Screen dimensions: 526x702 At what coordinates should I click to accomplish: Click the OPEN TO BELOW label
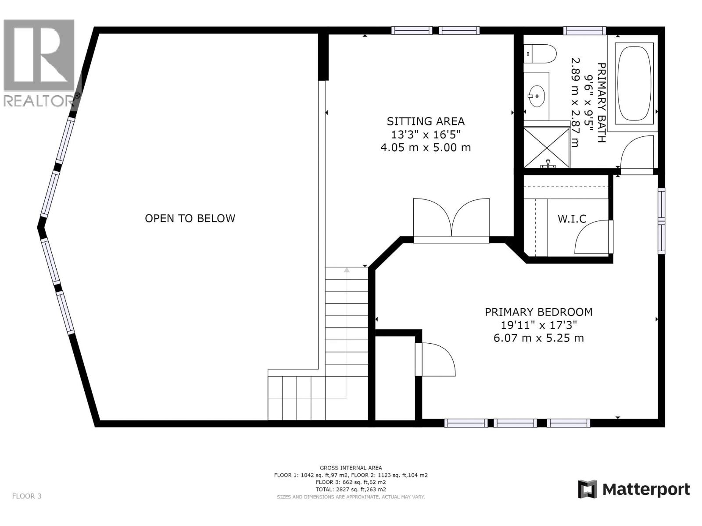190,218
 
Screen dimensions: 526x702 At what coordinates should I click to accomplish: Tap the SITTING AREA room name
426,121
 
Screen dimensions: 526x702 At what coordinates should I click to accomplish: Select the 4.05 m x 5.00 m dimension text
426,148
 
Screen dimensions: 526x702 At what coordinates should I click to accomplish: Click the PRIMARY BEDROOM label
538,312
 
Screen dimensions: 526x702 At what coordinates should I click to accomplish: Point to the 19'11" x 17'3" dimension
538,325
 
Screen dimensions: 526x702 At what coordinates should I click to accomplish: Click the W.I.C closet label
572,219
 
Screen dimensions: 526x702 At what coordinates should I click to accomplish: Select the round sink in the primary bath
536,95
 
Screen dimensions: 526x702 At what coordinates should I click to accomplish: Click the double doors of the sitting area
451,219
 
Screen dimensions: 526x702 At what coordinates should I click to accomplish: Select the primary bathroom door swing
637,151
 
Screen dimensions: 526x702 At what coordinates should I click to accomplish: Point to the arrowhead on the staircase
347,270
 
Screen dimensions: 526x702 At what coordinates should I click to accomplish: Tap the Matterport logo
634,489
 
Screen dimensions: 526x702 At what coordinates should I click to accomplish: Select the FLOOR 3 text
27,496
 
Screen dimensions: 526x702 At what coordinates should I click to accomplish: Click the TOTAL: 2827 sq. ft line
351,489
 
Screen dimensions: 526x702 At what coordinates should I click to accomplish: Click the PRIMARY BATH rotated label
602,103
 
